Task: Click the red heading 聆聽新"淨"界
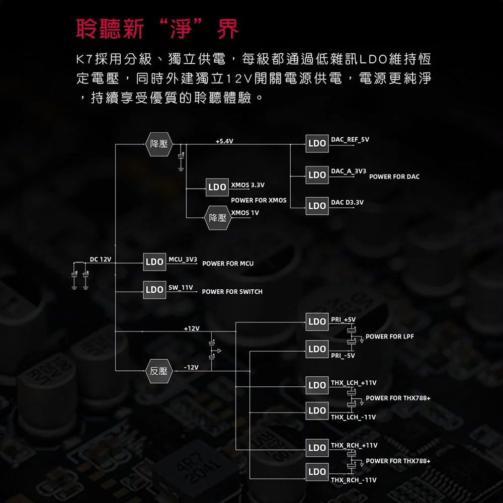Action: (157, 29)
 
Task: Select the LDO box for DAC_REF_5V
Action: (317, 143)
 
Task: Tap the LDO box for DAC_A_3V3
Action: (317, 175)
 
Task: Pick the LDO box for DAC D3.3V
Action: (317, 205)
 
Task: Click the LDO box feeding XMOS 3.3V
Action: (217, 187)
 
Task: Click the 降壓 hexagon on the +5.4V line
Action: (158, 144)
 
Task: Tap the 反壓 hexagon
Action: (158, 371)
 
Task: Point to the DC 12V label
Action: (101, 259)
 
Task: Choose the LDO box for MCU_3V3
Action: (154, 262)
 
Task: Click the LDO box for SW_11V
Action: (154, 290)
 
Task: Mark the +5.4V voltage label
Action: (224, 141)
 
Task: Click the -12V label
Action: (192, 367)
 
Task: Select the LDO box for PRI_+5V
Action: (317, 321)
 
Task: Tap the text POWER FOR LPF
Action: (390, 337)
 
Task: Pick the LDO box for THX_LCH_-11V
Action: (317, 410)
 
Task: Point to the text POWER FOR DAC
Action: (394, 177)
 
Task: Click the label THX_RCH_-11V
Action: (354, 480)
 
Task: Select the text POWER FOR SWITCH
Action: (232, 292)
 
